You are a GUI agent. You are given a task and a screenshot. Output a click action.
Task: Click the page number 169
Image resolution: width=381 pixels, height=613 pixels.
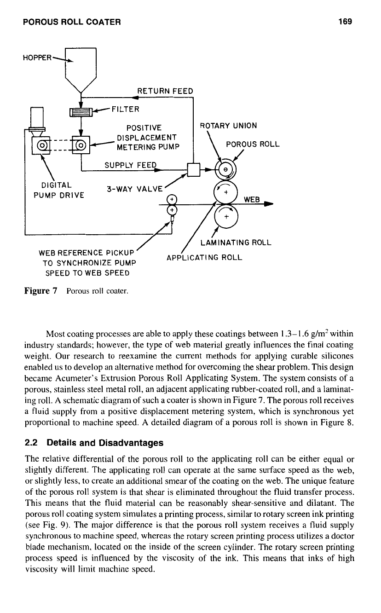(x=345, y=21)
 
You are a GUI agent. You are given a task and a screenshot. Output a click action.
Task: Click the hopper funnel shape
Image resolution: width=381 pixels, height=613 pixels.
(x=81, y=70)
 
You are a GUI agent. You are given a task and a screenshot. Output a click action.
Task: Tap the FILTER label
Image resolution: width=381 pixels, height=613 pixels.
(x=126, y=109)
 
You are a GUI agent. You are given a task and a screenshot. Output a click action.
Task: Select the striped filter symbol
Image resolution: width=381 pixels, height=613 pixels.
(x=81, y=112)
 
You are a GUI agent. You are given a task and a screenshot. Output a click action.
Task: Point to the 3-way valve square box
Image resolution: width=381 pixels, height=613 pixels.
(x=194, y=170)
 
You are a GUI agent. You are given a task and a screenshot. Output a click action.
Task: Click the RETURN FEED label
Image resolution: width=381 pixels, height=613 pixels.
(x=165, y=91)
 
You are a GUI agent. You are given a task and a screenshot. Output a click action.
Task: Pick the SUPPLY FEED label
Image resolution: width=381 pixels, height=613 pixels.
(x=131, y=165)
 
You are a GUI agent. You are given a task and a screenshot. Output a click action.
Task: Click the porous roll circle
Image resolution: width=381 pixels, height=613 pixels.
(x=225, y=169)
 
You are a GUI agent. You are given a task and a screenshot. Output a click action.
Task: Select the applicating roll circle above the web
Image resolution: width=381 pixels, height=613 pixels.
(x=226, y=192)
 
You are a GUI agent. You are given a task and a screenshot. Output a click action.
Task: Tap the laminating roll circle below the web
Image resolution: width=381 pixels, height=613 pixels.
(x=226, y=216)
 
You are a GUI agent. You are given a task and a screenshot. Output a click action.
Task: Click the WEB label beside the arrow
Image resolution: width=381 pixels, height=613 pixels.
(x=252, y=199)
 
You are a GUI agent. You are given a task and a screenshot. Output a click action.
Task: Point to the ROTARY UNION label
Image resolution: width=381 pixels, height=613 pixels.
(x=229, y=126)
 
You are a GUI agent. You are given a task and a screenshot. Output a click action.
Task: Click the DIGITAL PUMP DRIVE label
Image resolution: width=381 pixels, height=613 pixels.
(x=59, y=190)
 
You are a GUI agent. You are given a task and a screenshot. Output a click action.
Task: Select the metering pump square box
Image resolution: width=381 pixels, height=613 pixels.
(x=81, y=145)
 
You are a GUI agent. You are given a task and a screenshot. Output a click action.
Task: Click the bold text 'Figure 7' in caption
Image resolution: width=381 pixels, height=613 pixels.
(x=41, y=291)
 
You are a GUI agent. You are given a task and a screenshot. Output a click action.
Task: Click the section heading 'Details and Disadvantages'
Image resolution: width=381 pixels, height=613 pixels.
(x=105, y=443)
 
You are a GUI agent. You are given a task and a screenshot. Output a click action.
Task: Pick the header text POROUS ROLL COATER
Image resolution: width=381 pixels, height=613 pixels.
(x=72, y=22)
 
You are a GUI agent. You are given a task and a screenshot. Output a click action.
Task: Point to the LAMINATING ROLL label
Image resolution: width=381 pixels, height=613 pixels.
(x=236, y=243)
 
